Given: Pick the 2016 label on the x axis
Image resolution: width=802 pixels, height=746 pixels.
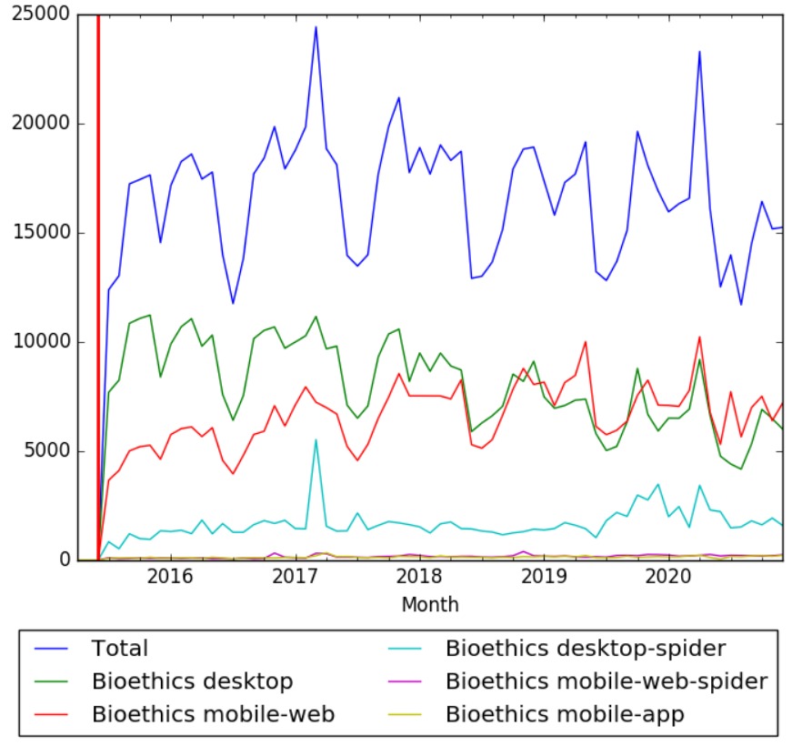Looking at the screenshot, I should tap(168, 577).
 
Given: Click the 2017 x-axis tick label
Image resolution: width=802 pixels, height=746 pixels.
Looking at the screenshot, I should tap(294, 577).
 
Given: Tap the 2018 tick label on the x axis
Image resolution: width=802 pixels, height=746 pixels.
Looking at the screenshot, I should tap(418, 577).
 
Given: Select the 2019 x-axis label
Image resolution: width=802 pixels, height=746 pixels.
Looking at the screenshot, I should tap(544, 577).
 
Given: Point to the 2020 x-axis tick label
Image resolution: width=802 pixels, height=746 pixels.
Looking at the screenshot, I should tap(668, 577).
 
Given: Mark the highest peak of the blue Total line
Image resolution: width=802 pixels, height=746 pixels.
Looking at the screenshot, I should tap(316, 27).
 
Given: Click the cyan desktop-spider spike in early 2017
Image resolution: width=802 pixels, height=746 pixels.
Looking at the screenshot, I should tap(316, 440).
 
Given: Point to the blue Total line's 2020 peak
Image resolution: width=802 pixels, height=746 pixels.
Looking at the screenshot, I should tap(699, 52).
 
